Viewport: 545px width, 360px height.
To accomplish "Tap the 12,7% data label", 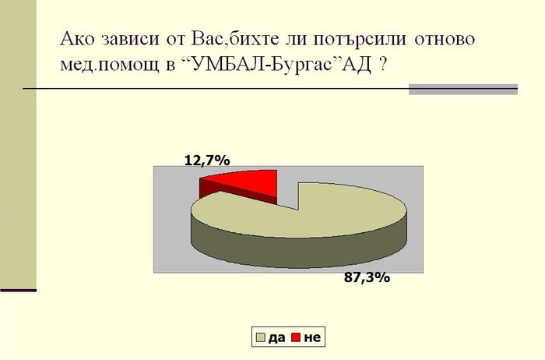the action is (x=207, y=161).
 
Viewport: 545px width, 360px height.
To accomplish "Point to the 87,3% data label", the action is (x=367, y=277).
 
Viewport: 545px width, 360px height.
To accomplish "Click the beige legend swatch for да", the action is (x=261, y=337).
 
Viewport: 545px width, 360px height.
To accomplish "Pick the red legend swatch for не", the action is (x=296, y=337).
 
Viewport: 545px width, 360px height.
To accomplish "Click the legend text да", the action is (x=276, y=337).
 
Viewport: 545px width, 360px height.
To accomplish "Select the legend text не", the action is (x=312, y=337).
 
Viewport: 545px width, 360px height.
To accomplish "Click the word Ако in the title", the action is (x=77, y=38).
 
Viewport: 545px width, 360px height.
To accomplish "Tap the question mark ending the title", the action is (x=382, y=65).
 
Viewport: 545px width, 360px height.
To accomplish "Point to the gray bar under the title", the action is (x=463, y=90).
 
